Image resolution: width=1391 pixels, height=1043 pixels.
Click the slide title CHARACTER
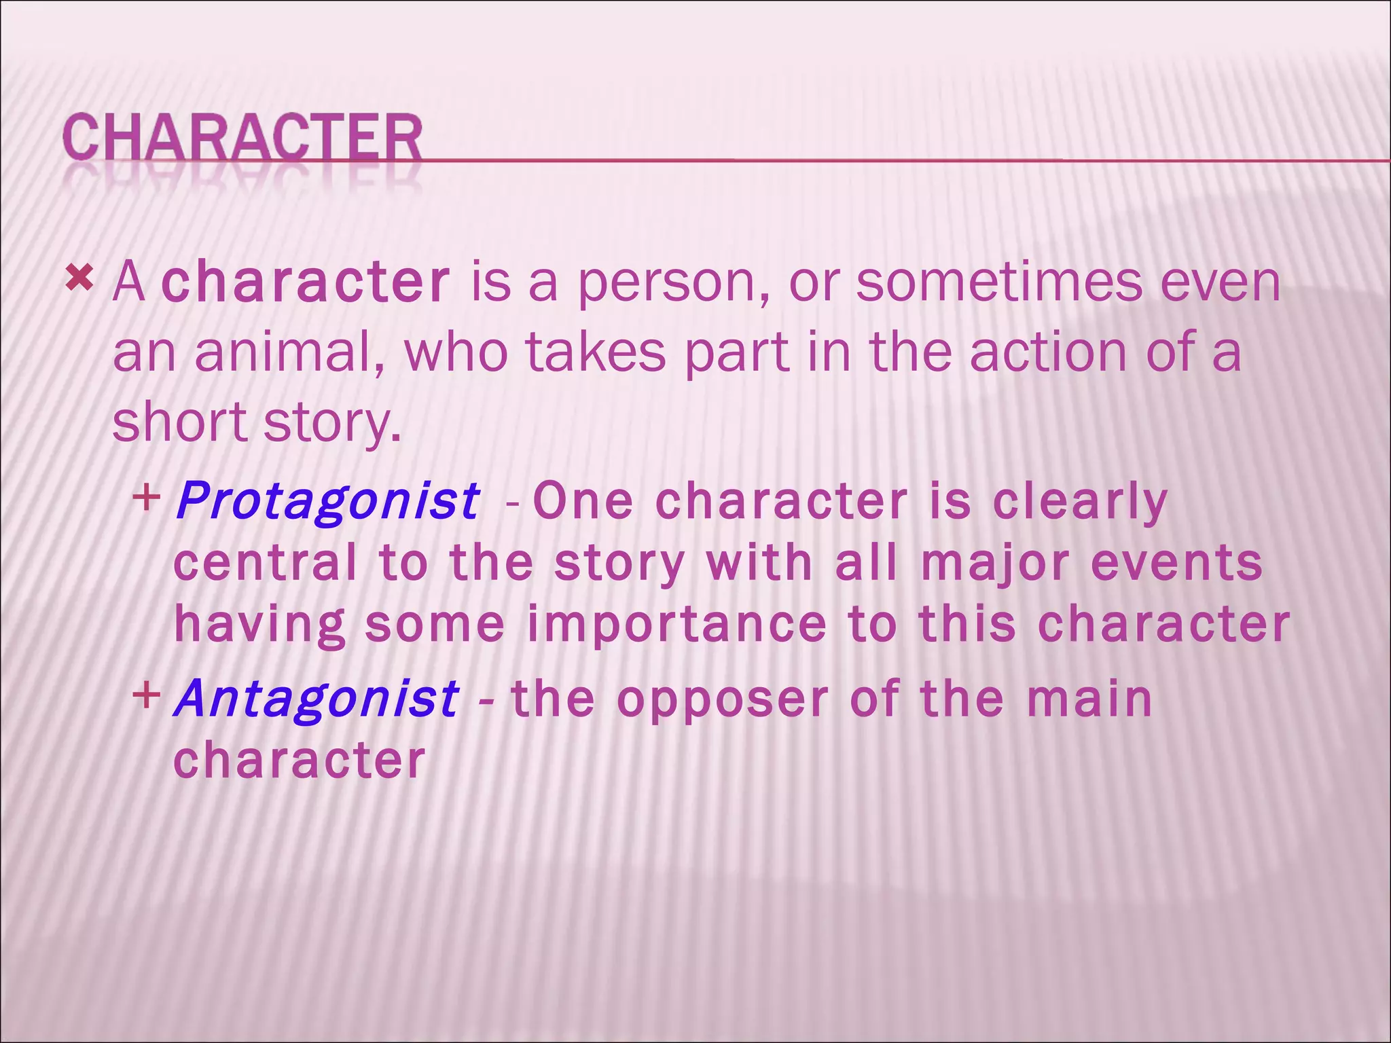[242, 138]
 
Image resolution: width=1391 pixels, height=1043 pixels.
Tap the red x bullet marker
[79, 278]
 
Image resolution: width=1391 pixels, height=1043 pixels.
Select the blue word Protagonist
[327, 502]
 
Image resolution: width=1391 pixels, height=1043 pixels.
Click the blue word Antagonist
[317, 699]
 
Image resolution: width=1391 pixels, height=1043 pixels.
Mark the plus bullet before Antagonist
[146, 695]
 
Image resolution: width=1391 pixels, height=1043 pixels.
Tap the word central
[265, 563]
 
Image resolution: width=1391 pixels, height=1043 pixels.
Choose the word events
[1176, 563]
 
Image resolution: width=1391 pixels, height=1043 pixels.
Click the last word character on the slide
[300, 760]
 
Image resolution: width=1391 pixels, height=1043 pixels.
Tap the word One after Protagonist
[583, 501]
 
